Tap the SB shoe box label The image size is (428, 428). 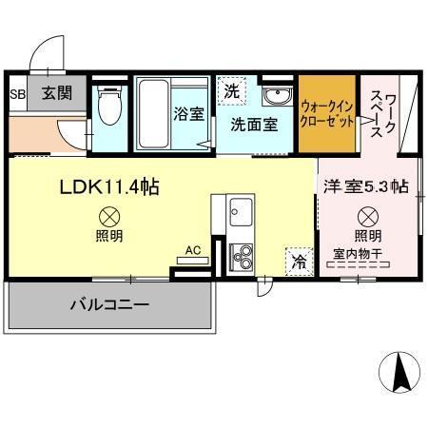tap(17, 94)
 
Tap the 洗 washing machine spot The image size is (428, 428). tap(231, 92)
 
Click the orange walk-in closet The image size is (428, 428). tap(327, 113)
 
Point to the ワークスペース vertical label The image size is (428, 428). tap(377, 112)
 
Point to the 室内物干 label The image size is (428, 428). tap(360, 255)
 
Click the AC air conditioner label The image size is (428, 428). tap(192, 251)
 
